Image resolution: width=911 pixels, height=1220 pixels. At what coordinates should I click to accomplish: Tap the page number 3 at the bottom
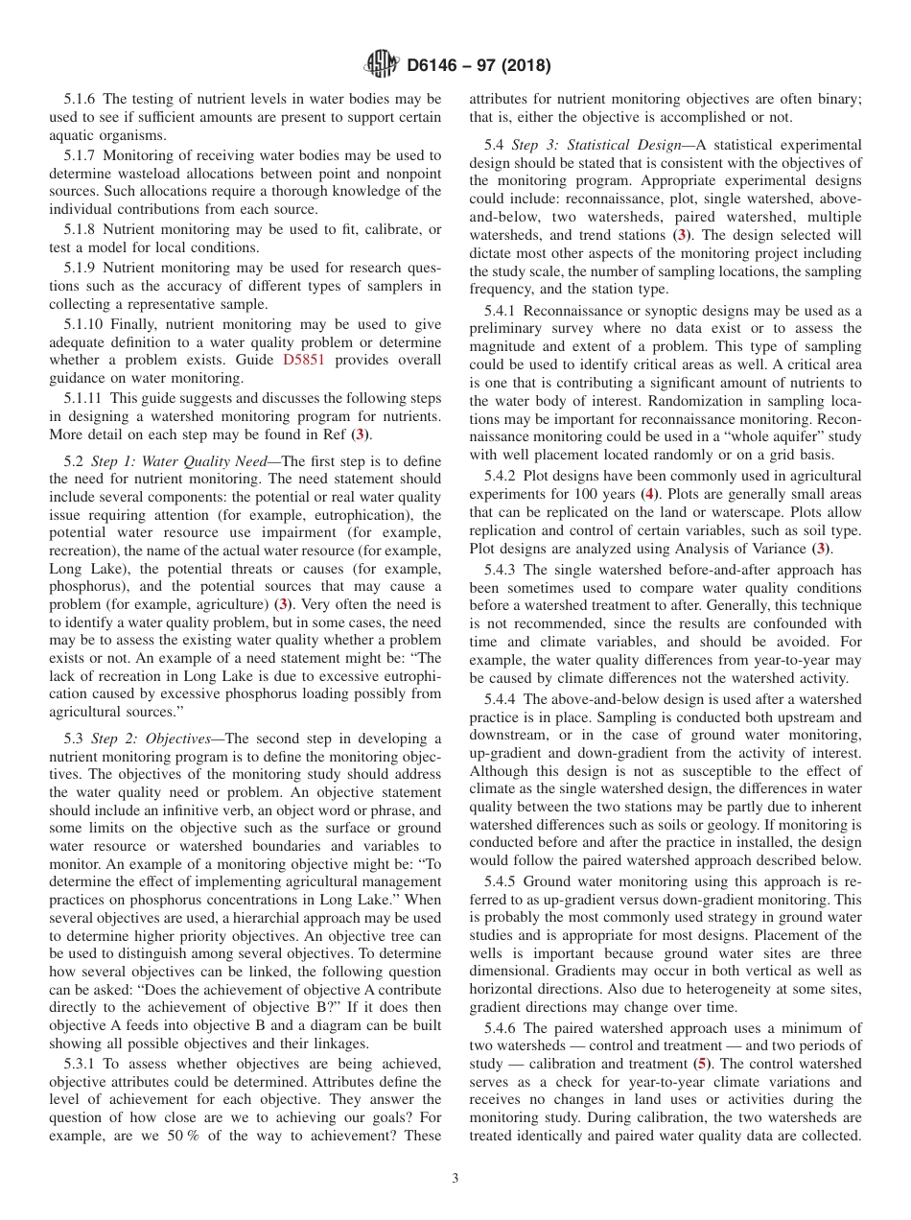[455, 1179]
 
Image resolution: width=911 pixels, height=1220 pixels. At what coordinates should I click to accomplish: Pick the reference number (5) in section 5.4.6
[702, 1064]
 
